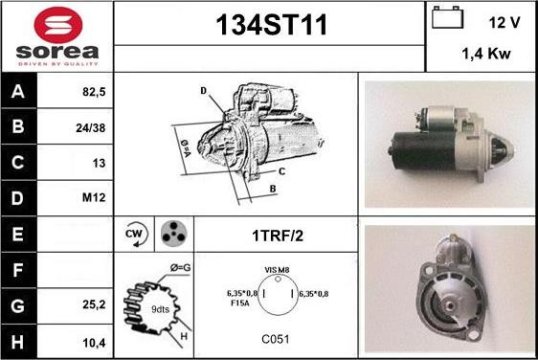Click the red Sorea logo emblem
[58, 25]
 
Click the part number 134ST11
[271, 25]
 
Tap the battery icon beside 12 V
[447, 17]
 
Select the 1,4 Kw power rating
[486, 54]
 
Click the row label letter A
[18, 92]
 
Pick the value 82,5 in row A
[94, 92]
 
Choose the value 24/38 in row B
[91, 128]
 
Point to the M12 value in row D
[94, 197]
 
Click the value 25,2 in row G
[94, 304]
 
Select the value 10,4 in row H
[94, 343]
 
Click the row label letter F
[18, 270]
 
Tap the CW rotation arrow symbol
[136, 234]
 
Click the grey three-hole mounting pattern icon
[173, 234]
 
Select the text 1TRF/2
[278, 236]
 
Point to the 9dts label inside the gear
[160, 309]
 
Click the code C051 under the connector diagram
[276, 339]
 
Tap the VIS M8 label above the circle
[277, 270]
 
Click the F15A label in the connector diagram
[240, 303]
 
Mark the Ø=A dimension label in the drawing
[186, 147]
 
